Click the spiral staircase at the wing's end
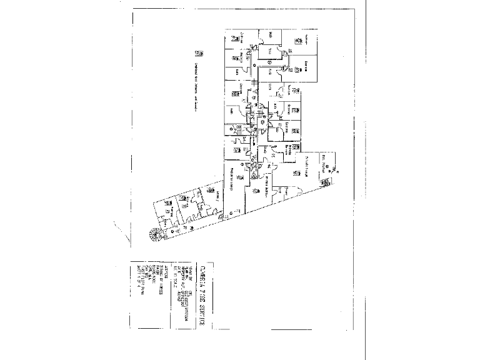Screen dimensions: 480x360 click(153, 236)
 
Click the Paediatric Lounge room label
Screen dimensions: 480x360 click(231, 179)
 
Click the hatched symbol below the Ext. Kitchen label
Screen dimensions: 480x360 click(324, 182)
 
